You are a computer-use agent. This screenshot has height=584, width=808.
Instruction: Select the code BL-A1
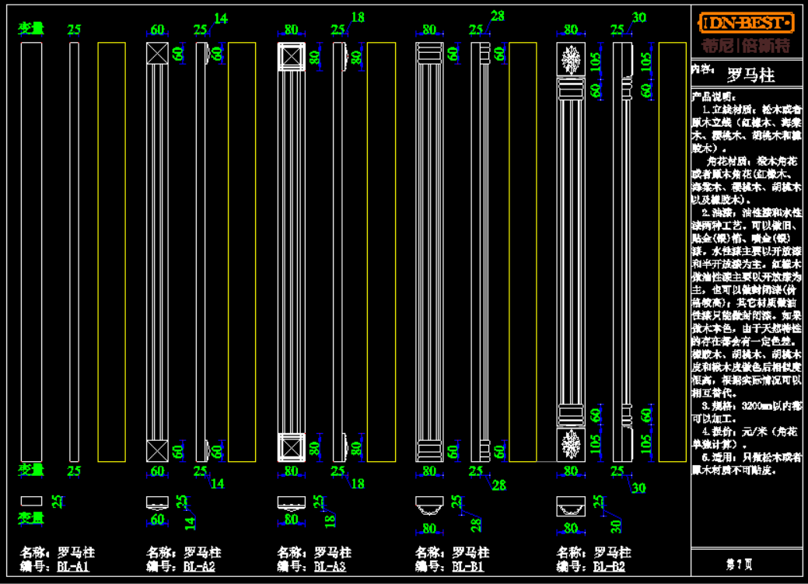74,567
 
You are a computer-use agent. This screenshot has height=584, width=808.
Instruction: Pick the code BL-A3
330,567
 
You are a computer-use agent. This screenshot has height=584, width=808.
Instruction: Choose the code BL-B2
609,567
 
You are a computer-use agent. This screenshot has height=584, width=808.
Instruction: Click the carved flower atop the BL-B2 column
571,59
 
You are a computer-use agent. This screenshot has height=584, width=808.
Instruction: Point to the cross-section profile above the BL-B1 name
428,506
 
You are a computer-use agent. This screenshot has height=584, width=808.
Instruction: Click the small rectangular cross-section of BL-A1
31,501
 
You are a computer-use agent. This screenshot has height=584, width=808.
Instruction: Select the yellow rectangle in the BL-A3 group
381,251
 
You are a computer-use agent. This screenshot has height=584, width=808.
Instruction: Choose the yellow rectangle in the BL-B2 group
672,251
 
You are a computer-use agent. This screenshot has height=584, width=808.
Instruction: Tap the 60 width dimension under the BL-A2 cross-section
157,519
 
